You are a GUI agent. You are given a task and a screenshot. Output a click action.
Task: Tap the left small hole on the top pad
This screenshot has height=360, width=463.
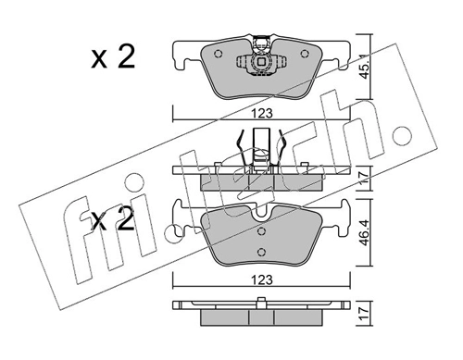[219, 53]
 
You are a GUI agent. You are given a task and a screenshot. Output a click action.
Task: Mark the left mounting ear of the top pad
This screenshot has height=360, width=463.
[183, 58]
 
